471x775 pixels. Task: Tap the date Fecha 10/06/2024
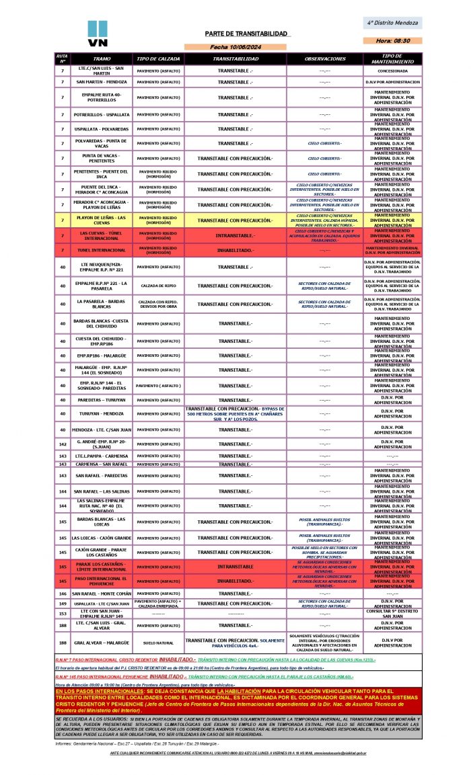tap(235, 47)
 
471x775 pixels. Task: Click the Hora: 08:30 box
tap(393, 41)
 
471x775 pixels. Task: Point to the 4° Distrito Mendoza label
tap(393, 23)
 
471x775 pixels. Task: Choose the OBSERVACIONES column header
tap(324, 58)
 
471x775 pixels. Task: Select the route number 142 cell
tap(62, 444)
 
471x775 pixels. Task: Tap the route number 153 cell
tap(62, 614)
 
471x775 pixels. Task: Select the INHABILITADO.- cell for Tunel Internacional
tap(235, 251)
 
